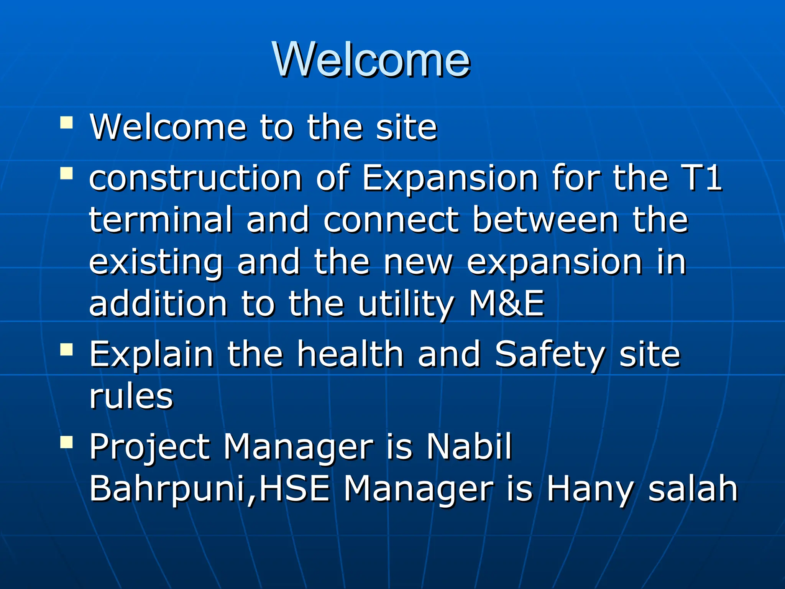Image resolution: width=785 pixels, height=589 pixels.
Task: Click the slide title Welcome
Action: pos(371,59)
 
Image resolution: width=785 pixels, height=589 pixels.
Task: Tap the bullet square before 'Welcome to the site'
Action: pos(66,123)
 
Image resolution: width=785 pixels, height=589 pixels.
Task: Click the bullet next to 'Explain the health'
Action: pos(66,349)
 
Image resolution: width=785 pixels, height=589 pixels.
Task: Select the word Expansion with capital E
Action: pos(450,178)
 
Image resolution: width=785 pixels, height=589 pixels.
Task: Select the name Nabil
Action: pos(469,446)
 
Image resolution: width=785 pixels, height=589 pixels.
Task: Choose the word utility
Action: pos(406,304)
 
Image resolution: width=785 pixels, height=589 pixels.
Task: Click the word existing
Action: pos(156,262)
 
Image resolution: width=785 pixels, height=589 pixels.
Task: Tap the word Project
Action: pos(149,447)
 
